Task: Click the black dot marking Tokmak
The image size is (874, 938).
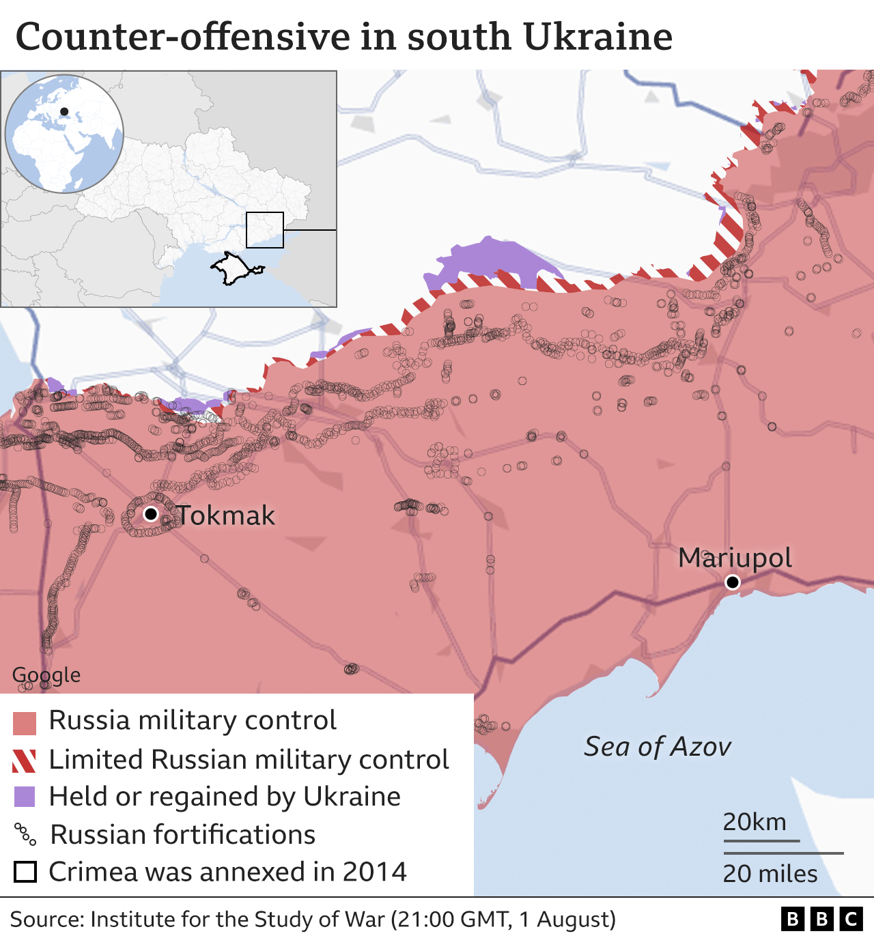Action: (150, 513)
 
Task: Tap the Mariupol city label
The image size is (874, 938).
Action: (735, 558)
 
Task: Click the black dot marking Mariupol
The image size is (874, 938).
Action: (733, 582)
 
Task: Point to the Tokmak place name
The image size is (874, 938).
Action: (226, 515)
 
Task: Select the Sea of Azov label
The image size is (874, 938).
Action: (657, 747)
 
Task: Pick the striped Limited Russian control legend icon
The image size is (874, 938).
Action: (25, 761)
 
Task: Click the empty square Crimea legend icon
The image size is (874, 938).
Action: (25, 872)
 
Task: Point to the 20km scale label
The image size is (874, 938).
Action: (755, 822)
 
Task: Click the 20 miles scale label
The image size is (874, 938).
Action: (770, 874)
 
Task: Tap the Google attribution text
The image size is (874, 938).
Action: (46, 675)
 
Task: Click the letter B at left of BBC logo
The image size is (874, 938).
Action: (793, 920)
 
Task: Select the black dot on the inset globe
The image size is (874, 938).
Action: (64, 111)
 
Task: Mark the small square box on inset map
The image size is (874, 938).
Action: (265, 230)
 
